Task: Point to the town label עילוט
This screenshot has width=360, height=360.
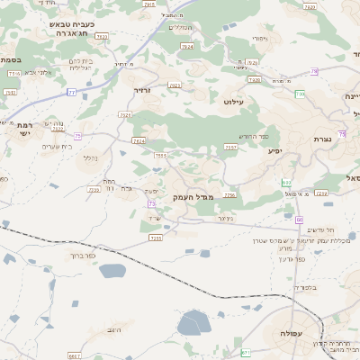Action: pos(233,102)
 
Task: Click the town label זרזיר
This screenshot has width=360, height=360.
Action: pos(143,91)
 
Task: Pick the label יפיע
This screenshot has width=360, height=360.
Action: pos(274,150)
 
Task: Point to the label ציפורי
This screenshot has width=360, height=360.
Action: pos(259,39)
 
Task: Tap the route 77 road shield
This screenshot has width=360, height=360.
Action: pos(71,92)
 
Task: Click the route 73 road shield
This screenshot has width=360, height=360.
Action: pos(152,204)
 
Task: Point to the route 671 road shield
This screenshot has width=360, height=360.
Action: pos(246,353)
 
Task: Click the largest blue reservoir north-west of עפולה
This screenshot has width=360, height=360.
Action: pos(193,322)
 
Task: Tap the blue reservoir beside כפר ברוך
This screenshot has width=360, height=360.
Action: pos(113,270)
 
